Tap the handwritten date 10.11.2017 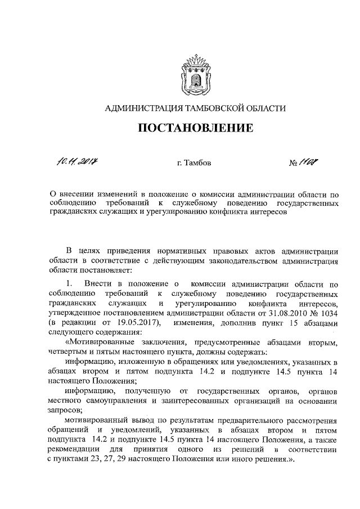(78, 163)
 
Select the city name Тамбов (200, 164)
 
